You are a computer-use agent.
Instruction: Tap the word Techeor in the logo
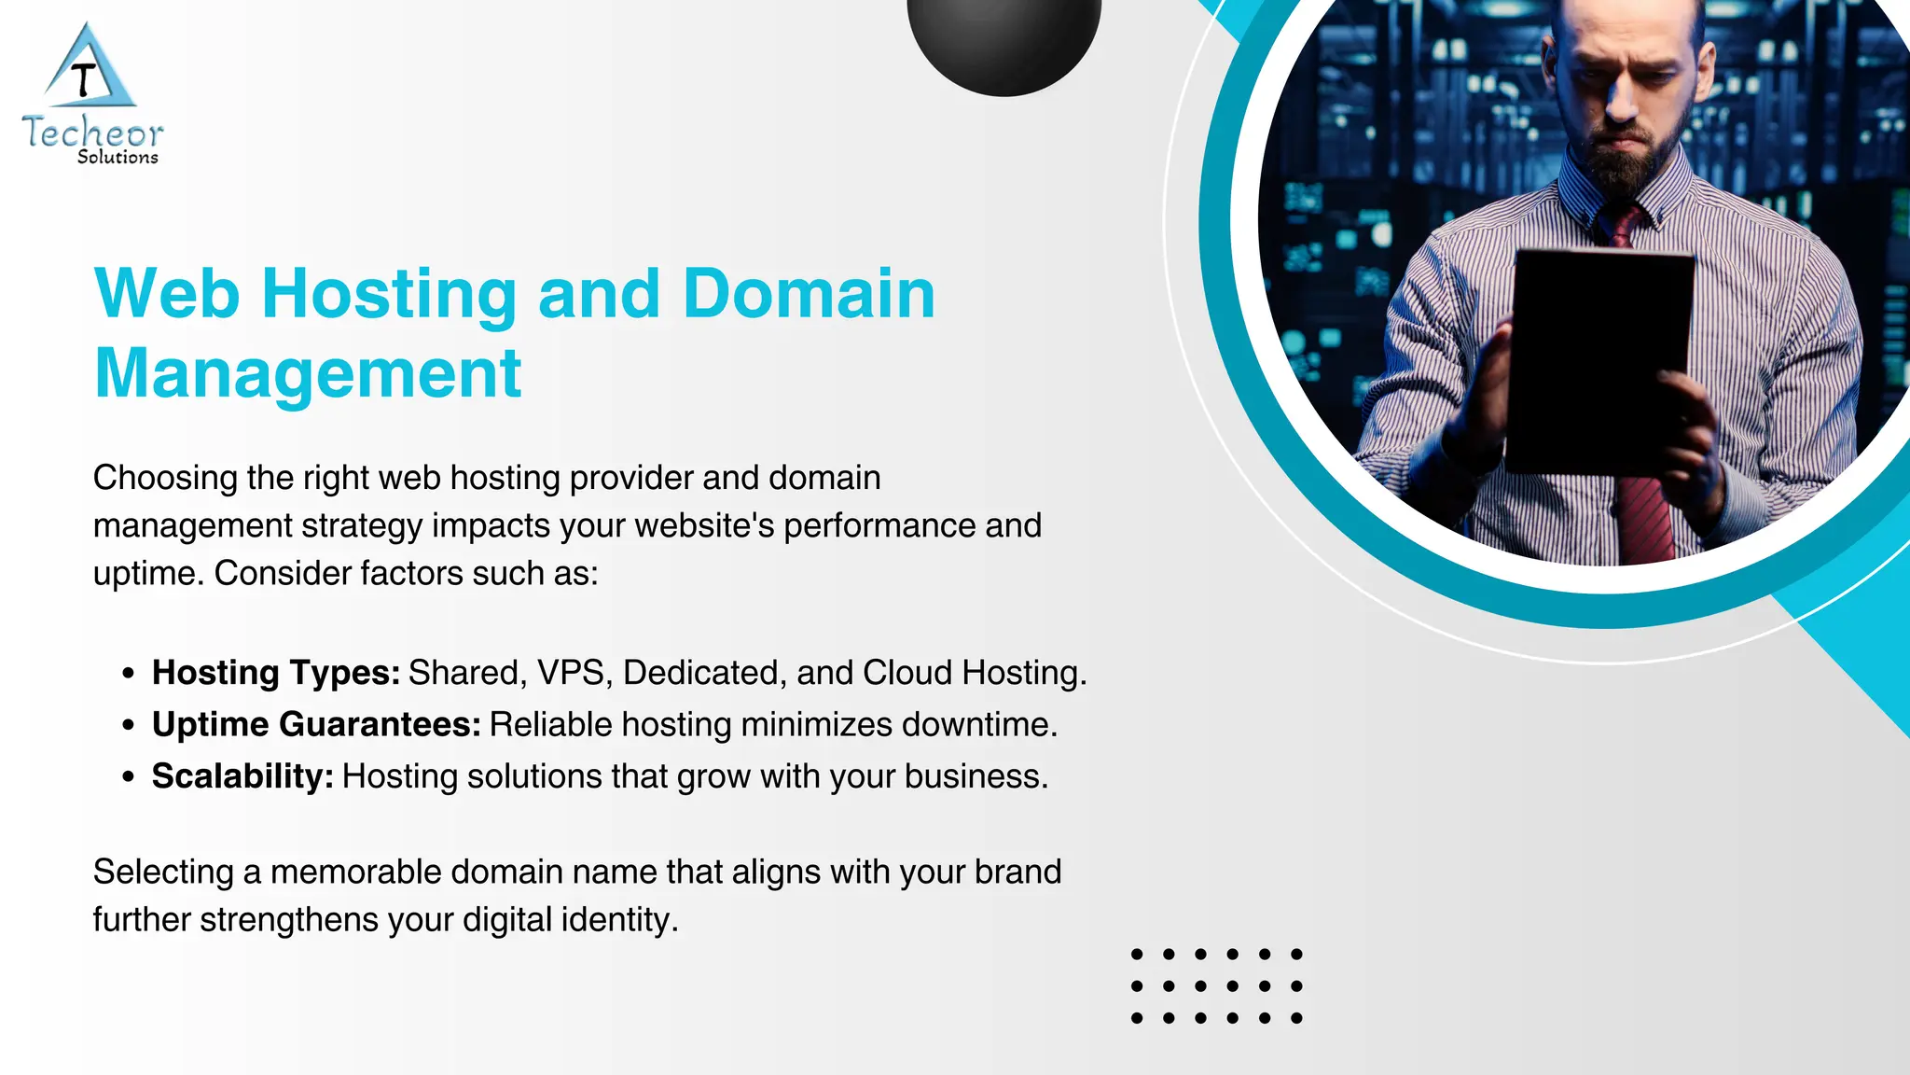click(x=92, y=133)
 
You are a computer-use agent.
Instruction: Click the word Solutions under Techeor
click(x=118, y=158)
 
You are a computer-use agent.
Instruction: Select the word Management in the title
click(x=308, y=373)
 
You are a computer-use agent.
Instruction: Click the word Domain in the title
click(x=809, y=294)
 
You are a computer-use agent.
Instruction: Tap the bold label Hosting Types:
click(x=276, y=673)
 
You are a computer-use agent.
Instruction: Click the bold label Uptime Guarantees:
click(x=316, y=725)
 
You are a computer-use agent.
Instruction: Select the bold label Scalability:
click(x=242, y=776)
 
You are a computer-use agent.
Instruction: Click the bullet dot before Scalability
click(x=129, y=776)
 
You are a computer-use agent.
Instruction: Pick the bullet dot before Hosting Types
click(x=129, y=673)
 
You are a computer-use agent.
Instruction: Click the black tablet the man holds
click(x=1599, y=359)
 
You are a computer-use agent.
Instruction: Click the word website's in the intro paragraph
click(x=704, y=525)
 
